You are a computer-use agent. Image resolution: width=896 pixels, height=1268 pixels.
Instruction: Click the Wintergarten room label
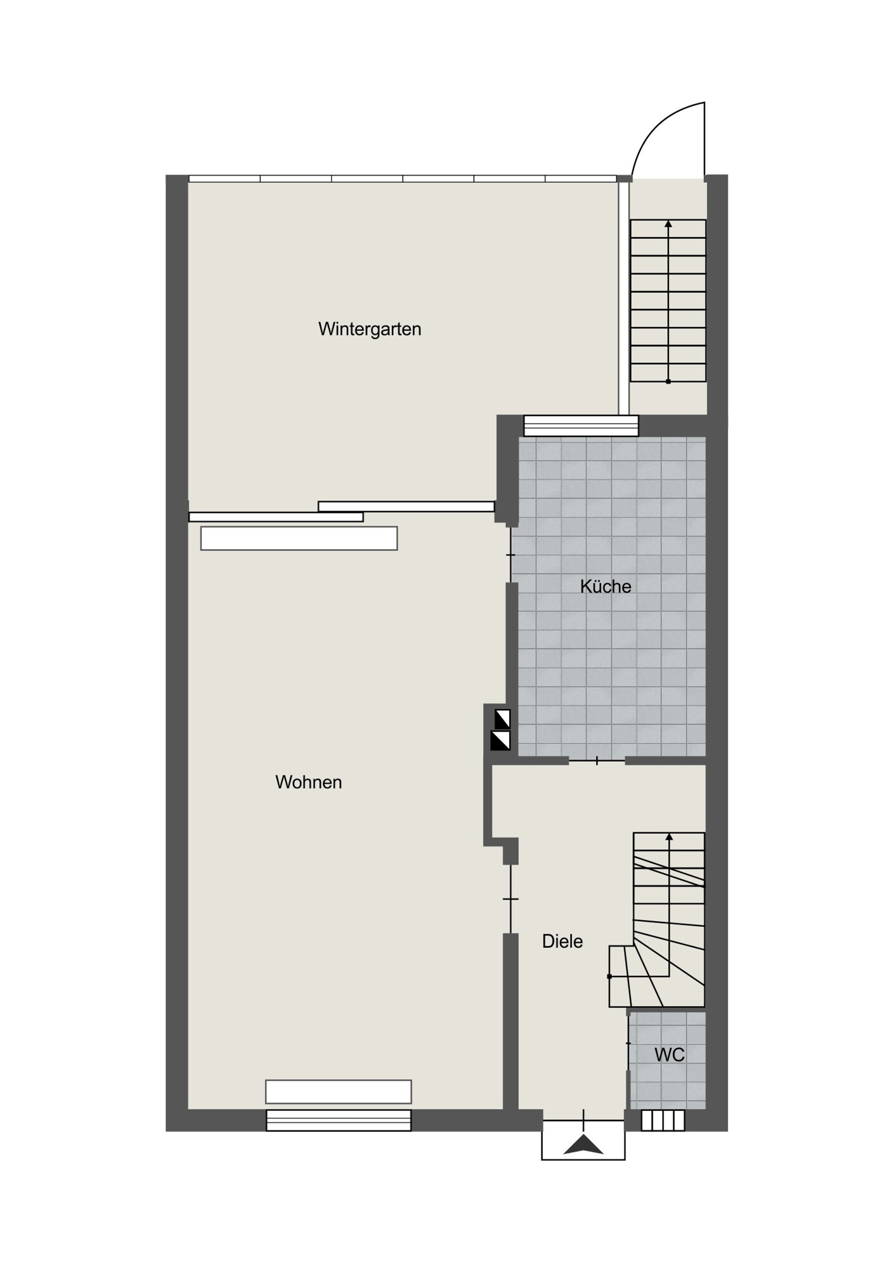370,329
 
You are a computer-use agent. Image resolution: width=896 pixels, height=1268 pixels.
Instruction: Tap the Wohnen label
309,782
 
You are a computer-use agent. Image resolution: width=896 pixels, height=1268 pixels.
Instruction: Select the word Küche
606,586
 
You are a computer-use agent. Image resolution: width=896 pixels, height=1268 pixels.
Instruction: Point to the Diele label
562,941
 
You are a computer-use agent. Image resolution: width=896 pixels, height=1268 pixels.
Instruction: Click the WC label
670,1055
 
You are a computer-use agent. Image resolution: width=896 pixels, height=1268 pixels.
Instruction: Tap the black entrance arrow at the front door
583,1145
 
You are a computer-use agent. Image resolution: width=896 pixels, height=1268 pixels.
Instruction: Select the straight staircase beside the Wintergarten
668,301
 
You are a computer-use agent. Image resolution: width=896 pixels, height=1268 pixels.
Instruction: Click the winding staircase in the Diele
657,920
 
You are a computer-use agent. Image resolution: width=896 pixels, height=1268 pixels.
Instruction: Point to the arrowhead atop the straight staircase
668,223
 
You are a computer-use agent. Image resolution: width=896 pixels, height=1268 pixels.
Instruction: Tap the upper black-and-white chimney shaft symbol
502,719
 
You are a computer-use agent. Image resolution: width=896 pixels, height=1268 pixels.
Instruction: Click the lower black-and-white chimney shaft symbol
500,741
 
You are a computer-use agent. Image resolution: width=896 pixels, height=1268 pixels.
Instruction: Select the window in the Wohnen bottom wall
339,1120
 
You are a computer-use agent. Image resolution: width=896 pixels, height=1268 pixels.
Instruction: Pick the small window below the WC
663,1120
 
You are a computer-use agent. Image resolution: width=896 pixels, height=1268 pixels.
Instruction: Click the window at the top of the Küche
581,425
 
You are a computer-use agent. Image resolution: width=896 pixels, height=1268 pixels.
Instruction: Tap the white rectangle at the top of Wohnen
299,538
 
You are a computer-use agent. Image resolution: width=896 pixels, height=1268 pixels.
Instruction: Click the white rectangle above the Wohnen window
339,1092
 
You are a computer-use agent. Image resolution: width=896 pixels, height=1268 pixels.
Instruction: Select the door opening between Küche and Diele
597,761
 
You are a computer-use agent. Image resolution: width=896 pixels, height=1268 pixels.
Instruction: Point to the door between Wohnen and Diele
510,899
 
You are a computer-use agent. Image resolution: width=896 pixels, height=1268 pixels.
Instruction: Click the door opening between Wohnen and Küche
511,555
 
